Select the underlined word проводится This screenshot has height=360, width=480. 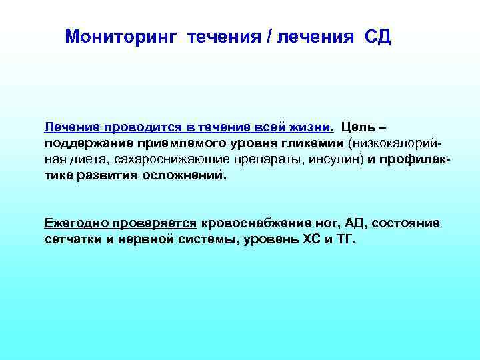(137, 127)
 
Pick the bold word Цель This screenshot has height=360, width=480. (358, 127)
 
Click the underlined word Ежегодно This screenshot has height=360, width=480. (75, 223)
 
